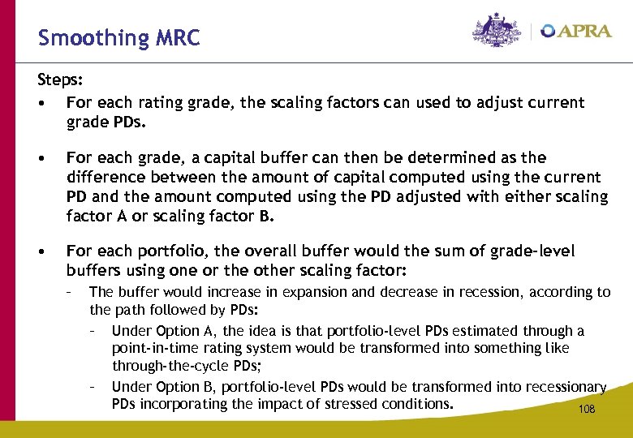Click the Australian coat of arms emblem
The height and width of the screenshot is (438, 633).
(497, 31)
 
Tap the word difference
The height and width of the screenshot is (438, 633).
(105, 177)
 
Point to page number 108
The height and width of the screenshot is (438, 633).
(586, 410)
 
